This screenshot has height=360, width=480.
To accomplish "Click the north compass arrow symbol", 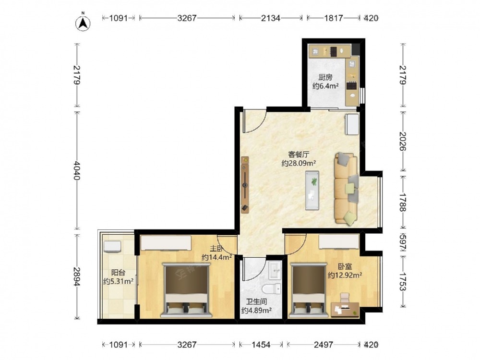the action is click(83, 23).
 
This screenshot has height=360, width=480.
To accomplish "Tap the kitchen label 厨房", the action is click(325, 77).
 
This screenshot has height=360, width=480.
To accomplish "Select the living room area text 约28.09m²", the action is click(299, 164).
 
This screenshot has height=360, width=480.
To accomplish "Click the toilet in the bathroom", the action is click(272, 288).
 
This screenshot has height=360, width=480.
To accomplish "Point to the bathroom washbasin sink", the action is click(275, 271).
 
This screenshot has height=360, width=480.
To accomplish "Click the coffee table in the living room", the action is click(312, 191).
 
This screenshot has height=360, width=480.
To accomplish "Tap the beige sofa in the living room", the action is click(347, 188).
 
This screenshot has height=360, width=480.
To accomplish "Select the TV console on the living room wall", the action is click(245, 185).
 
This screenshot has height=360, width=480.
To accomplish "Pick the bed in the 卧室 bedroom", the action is click(308, 289).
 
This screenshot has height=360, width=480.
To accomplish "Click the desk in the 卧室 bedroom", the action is click(345, 309).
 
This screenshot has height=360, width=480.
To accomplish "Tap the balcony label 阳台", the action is click(118, 273).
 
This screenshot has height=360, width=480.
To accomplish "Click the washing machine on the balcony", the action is click(112, 246).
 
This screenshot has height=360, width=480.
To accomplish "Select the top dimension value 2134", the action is click(271, 18).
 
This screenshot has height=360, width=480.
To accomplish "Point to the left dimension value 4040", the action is click(77, 170).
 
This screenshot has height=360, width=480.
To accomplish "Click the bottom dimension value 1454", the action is click(261, 345).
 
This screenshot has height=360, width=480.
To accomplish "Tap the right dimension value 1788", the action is click(402, 203).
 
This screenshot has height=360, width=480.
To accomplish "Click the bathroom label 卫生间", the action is click(256, 302).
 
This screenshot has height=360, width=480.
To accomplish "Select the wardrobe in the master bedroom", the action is click(166, 243).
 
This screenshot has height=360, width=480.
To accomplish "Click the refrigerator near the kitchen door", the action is click(352, 124).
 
